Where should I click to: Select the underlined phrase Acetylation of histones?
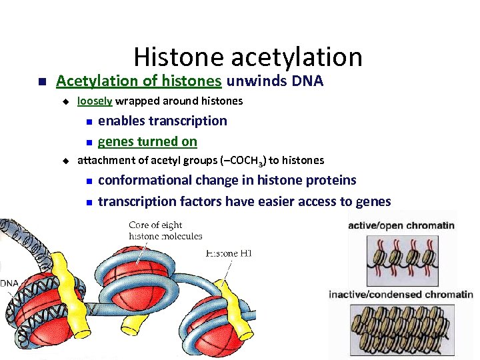click(139, 81)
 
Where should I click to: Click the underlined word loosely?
click(95, 101)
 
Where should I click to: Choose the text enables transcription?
click(162, 121)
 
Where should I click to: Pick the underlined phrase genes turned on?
click(147, 141)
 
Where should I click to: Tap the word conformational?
click(146, 181)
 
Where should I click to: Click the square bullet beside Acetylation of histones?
click(40, 82)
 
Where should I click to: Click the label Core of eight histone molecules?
click(165, 231)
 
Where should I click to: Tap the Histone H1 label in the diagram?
click(228, 253)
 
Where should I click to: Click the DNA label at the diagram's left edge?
click(9, 283)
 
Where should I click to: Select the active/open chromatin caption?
click(401, 225)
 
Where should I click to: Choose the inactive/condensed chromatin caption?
click(401, 295)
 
